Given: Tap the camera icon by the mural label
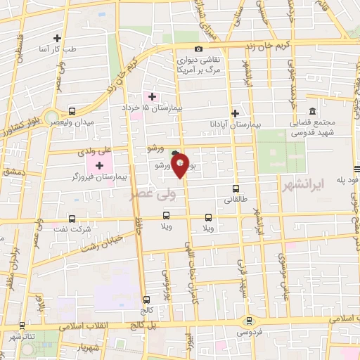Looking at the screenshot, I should point(199,49).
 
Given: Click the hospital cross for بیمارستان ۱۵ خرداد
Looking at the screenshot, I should point(151,96).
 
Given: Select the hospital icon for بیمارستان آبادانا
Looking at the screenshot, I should point(236,112).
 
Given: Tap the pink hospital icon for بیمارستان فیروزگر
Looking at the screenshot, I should point(99,165).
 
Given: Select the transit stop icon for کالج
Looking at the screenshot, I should point(146,299).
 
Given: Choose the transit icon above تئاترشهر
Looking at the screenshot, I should point(22,326).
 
